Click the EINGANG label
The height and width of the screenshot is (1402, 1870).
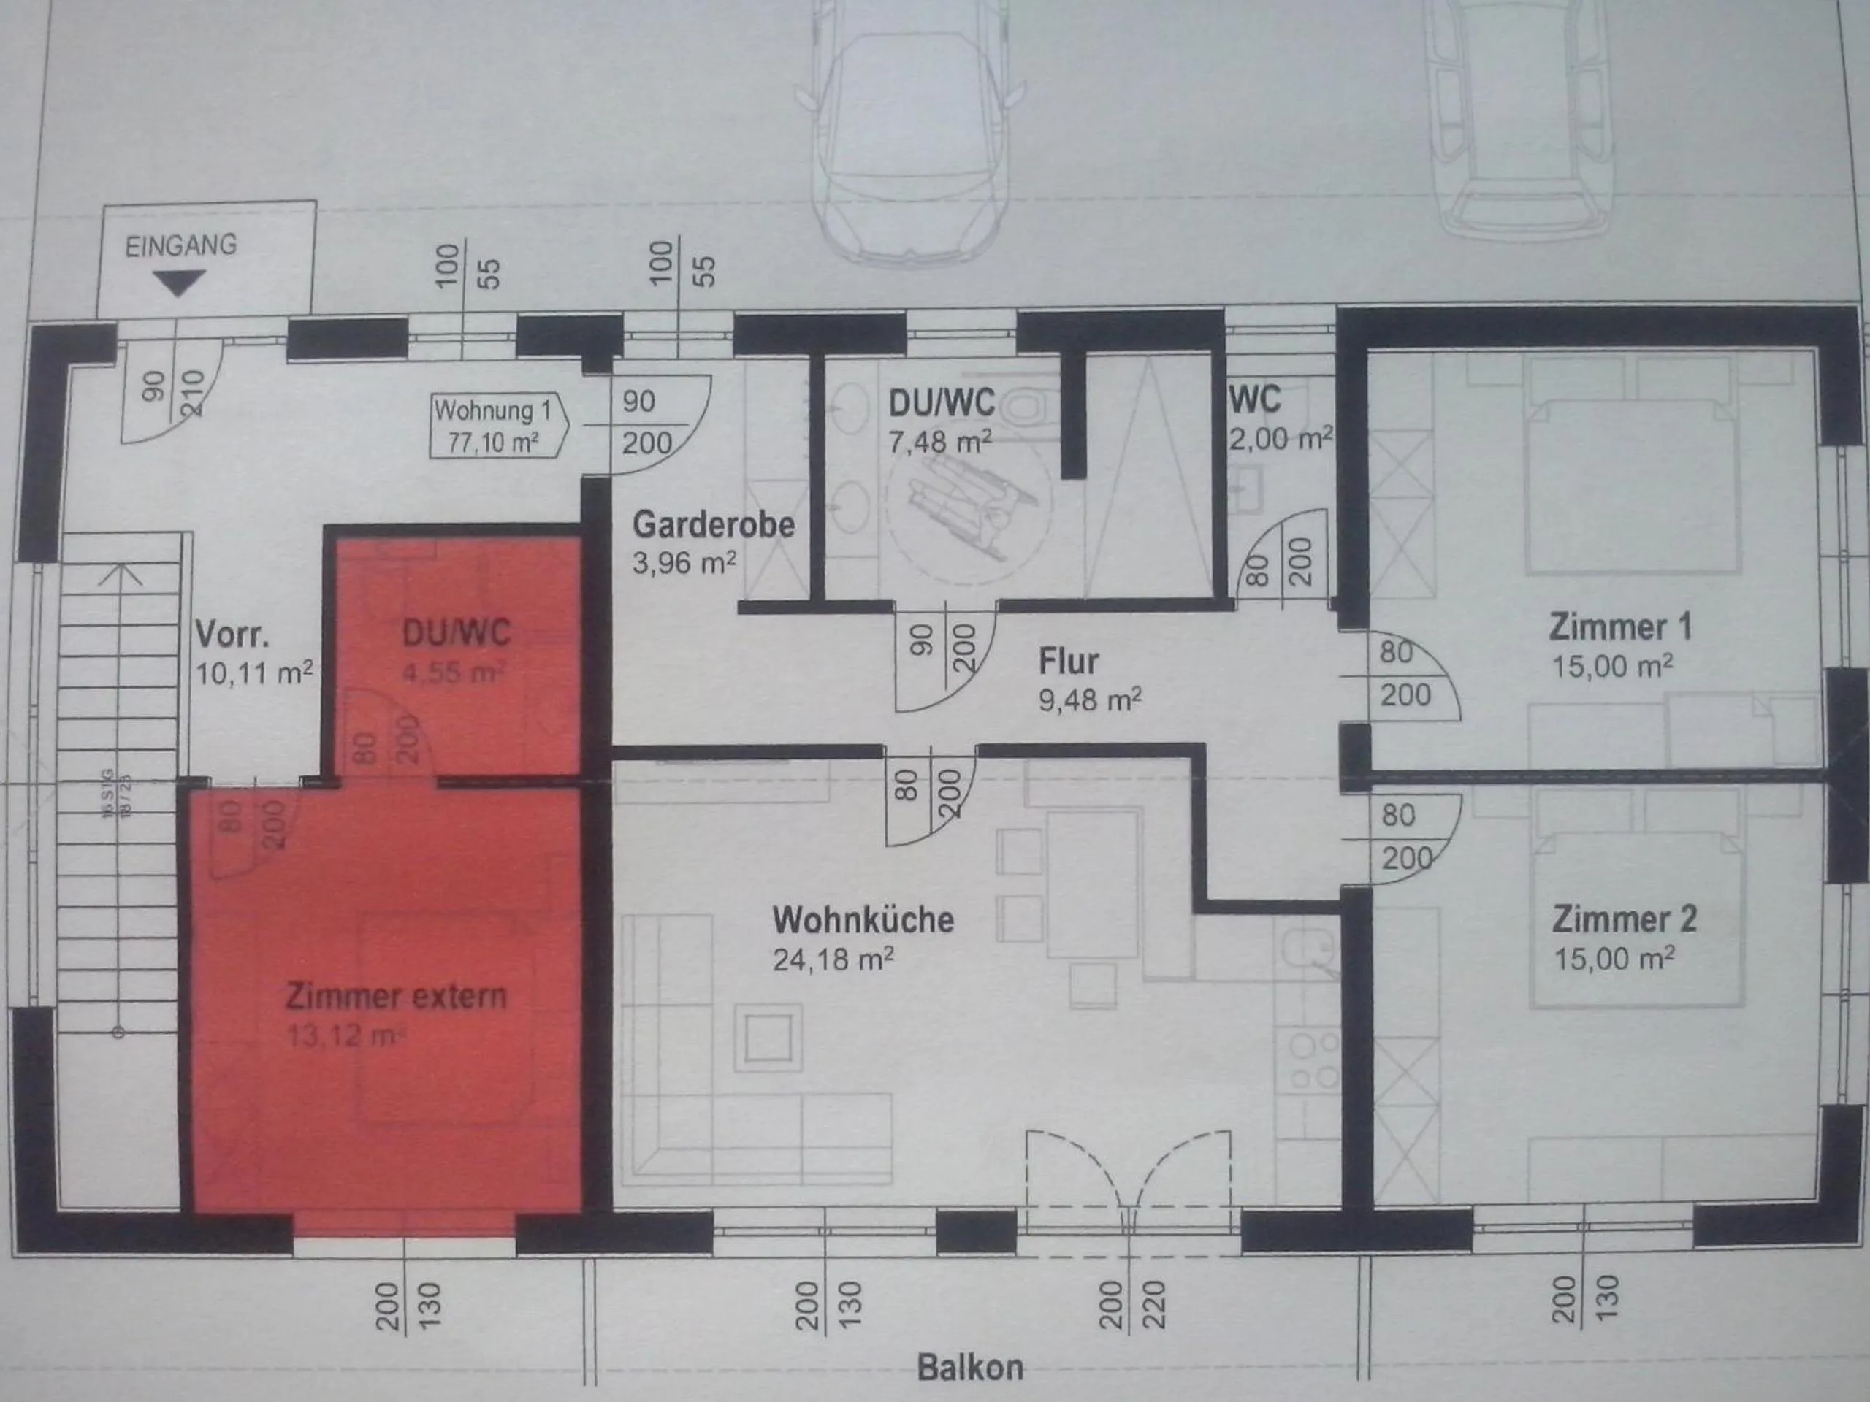tap(181, 246)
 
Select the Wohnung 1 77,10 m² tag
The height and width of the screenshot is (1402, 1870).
tap(494, 426)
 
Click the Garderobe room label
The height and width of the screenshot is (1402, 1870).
tap(714, 525)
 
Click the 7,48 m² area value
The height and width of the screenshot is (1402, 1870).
tap(939, 441)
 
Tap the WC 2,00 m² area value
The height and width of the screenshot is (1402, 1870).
tap(1280, 439)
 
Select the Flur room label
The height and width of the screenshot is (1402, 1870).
tap(1069, 661)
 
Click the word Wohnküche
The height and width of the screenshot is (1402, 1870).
tap(863, 919)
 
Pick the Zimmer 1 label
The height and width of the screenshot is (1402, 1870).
tap(1619, 627)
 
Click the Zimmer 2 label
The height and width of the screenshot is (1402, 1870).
tap(1624, 919)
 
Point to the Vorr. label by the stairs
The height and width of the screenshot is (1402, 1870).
tap(232, 635)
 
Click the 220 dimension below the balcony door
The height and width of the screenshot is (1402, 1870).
tap(1154, 1305)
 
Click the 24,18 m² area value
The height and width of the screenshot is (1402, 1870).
tap(833, 959)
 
